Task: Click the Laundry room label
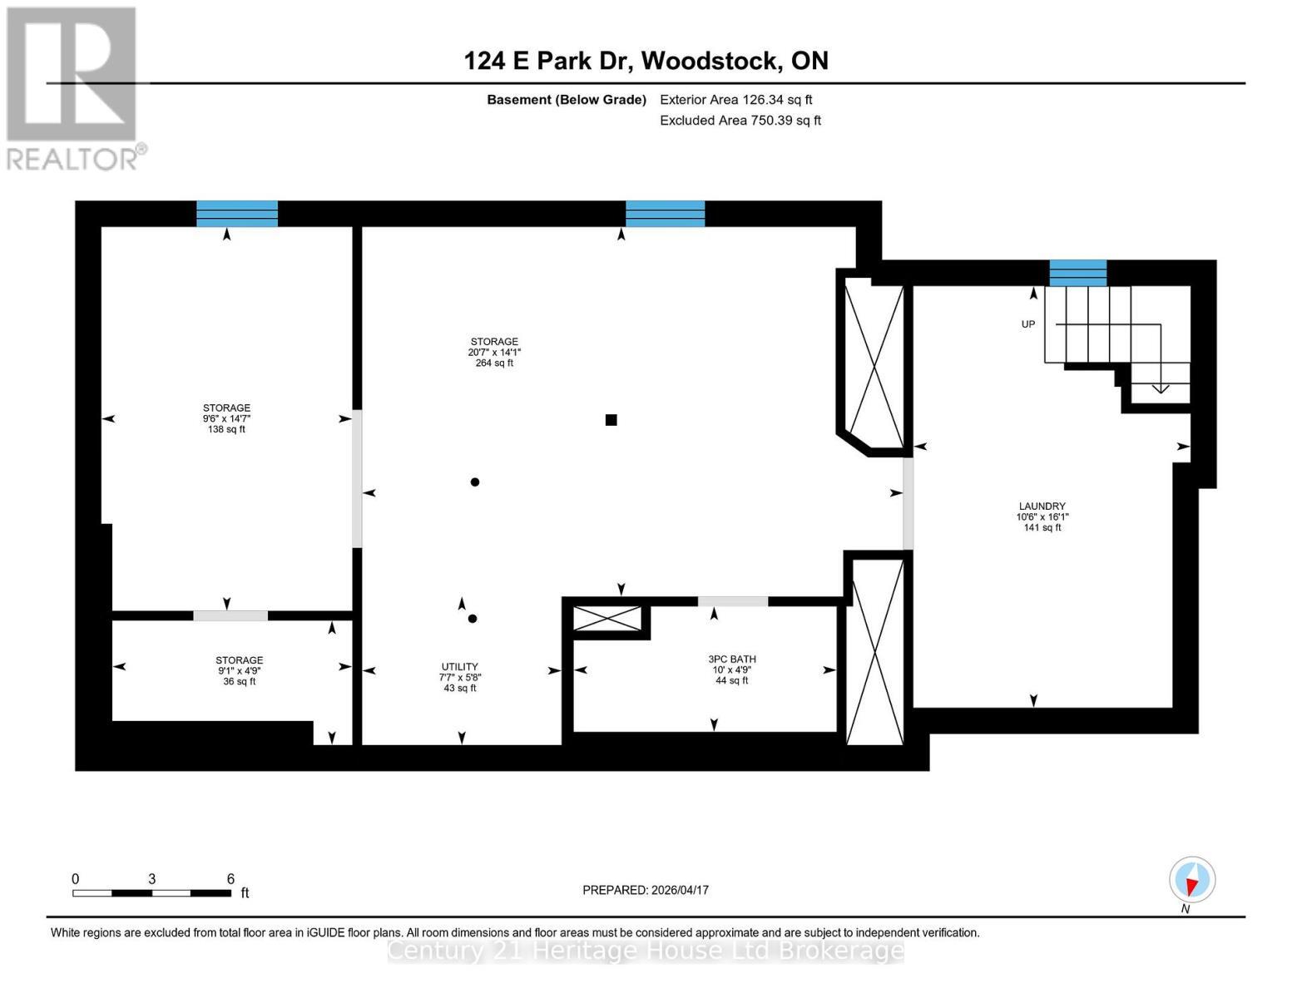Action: point(1042,516)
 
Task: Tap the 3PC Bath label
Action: point(731,669)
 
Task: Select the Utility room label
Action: point(459,677)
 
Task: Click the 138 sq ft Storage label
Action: point(226,418)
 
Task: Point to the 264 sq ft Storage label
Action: point(494,352)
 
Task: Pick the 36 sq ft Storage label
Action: point(240,670)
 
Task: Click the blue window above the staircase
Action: point(1077,273)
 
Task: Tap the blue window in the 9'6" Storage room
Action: point(237,214)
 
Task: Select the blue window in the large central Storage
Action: point(665,214)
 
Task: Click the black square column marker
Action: point(611,420)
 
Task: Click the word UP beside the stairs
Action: point(1028,324)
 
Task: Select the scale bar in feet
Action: point(152,892)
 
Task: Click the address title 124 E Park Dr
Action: point(646,61)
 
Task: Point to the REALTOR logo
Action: point(73,87)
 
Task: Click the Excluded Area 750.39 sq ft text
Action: point(740,121)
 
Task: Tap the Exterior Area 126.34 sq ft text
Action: point(735,100)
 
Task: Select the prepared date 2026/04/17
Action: point(646,890)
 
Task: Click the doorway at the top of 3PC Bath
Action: point(732,601)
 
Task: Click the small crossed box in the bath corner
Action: point(608,619)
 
